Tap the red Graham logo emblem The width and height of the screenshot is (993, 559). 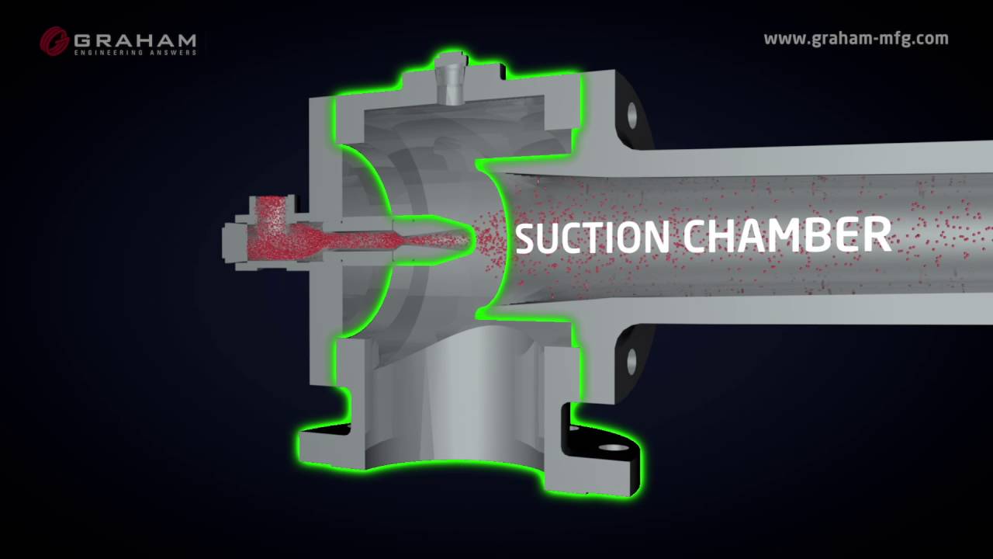[54, 41]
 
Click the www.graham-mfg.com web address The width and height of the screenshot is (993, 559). [856, 39]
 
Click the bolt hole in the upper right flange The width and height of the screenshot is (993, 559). [632, 115]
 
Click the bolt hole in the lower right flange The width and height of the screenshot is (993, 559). [632, 359]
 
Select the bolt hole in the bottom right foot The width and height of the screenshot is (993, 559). [613, 448]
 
